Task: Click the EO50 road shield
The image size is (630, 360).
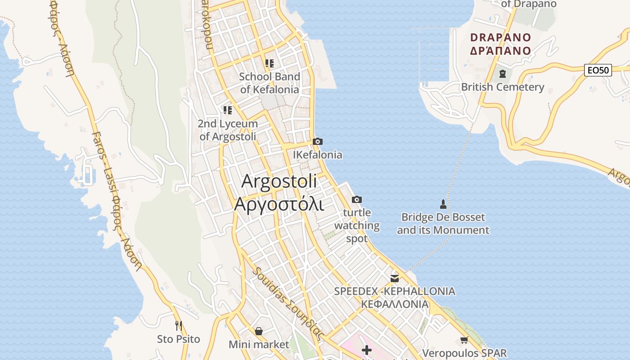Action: [598, 70]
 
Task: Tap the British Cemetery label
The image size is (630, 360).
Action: [503, 87]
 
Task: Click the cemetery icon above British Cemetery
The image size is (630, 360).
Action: [503, 73]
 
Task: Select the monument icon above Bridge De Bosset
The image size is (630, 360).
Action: [443, 204]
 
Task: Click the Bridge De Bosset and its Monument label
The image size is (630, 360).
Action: [443, 224]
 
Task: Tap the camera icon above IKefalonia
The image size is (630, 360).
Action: [317, 142]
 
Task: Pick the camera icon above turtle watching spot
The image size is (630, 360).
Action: [357, 199]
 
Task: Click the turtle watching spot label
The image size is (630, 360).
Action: [357, 225]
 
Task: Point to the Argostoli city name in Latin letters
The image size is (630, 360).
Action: [279, 181]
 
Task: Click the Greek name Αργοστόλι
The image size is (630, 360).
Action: [279, 204]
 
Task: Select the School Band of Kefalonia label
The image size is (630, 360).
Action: [270, 83]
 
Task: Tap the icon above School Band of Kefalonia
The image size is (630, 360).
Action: [270, 63]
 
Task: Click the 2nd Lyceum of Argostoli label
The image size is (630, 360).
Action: [228, 130]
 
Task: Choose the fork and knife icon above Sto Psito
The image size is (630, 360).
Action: [179, 325]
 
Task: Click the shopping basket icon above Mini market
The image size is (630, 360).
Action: [259, 332]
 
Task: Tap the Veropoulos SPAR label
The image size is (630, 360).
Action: [464, 353]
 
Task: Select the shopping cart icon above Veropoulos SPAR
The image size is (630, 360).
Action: [464, 340]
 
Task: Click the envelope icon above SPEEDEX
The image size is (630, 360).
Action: [395, 278]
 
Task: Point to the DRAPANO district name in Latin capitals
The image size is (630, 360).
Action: [501, 37]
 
